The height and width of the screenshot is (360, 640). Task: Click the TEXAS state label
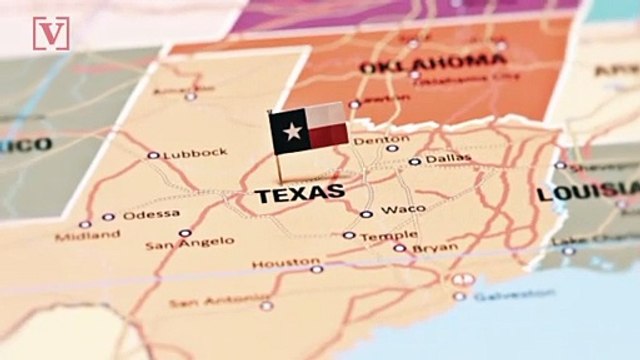(x=300, y=193)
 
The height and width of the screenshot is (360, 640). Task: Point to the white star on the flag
(x=293, y=130)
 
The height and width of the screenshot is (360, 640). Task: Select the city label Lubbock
(x=195, y=153)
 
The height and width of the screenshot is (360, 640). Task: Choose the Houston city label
(x=272, y=264)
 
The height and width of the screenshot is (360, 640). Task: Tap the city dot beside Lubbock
(x=153, y=155)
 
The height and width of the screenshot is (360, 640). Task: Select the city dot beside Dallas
(x=414, y=161)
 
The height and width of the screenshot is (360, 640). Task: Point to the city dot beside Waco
(x=367, y=214)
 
